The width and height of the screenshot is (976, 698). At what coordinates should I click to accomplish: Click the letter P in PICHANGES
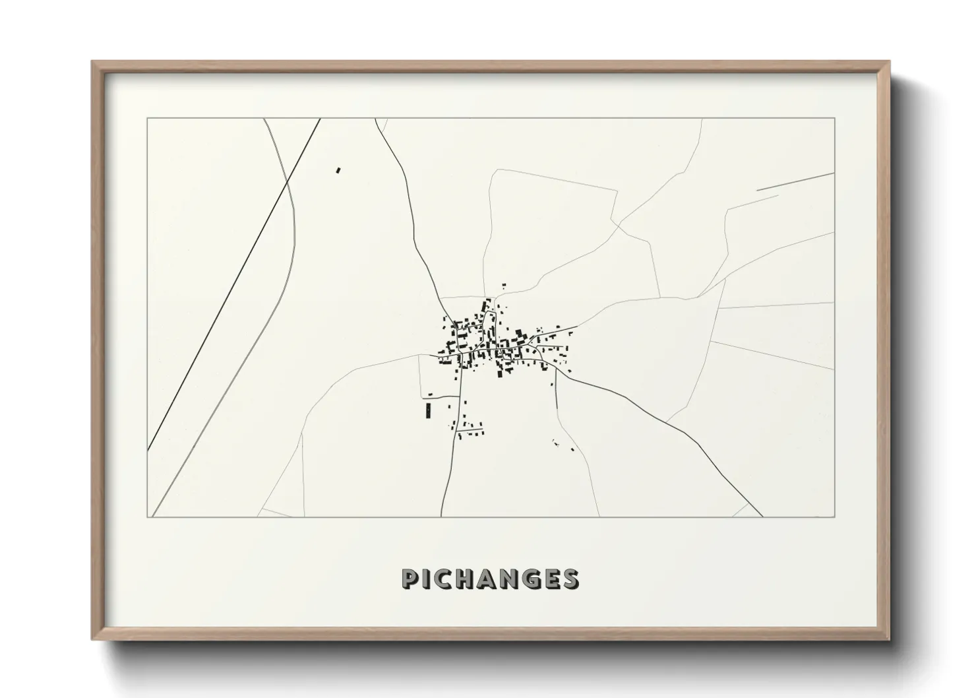point(410,579)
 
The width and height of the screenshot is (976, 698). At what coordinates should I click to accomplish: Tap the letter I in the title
point(428,579)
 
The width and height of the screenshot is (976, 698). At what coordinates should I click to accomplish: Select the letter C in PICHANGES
point(446,579)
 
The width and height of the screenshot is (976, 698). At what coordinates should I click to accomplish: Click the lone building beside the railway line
point(338,170)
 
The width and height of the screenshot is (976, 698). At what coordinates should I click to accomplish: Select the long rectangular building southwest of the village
point(427,411)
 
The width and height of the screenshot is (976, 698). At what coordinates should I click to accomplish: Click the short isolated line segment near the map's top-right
point(795,181)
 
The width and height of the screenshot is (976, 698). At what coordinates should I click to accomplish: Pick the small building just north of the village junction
point(504,286)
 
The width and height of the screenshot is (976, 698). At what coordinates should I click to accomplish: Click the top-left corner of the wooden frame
point(92,62)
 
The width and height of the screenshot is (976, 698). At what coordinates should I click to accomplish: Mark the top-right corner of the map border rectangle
point(834,119)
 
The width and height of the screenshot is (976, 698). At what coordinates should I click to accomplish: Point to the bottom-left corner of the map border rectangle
point(147,517)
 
